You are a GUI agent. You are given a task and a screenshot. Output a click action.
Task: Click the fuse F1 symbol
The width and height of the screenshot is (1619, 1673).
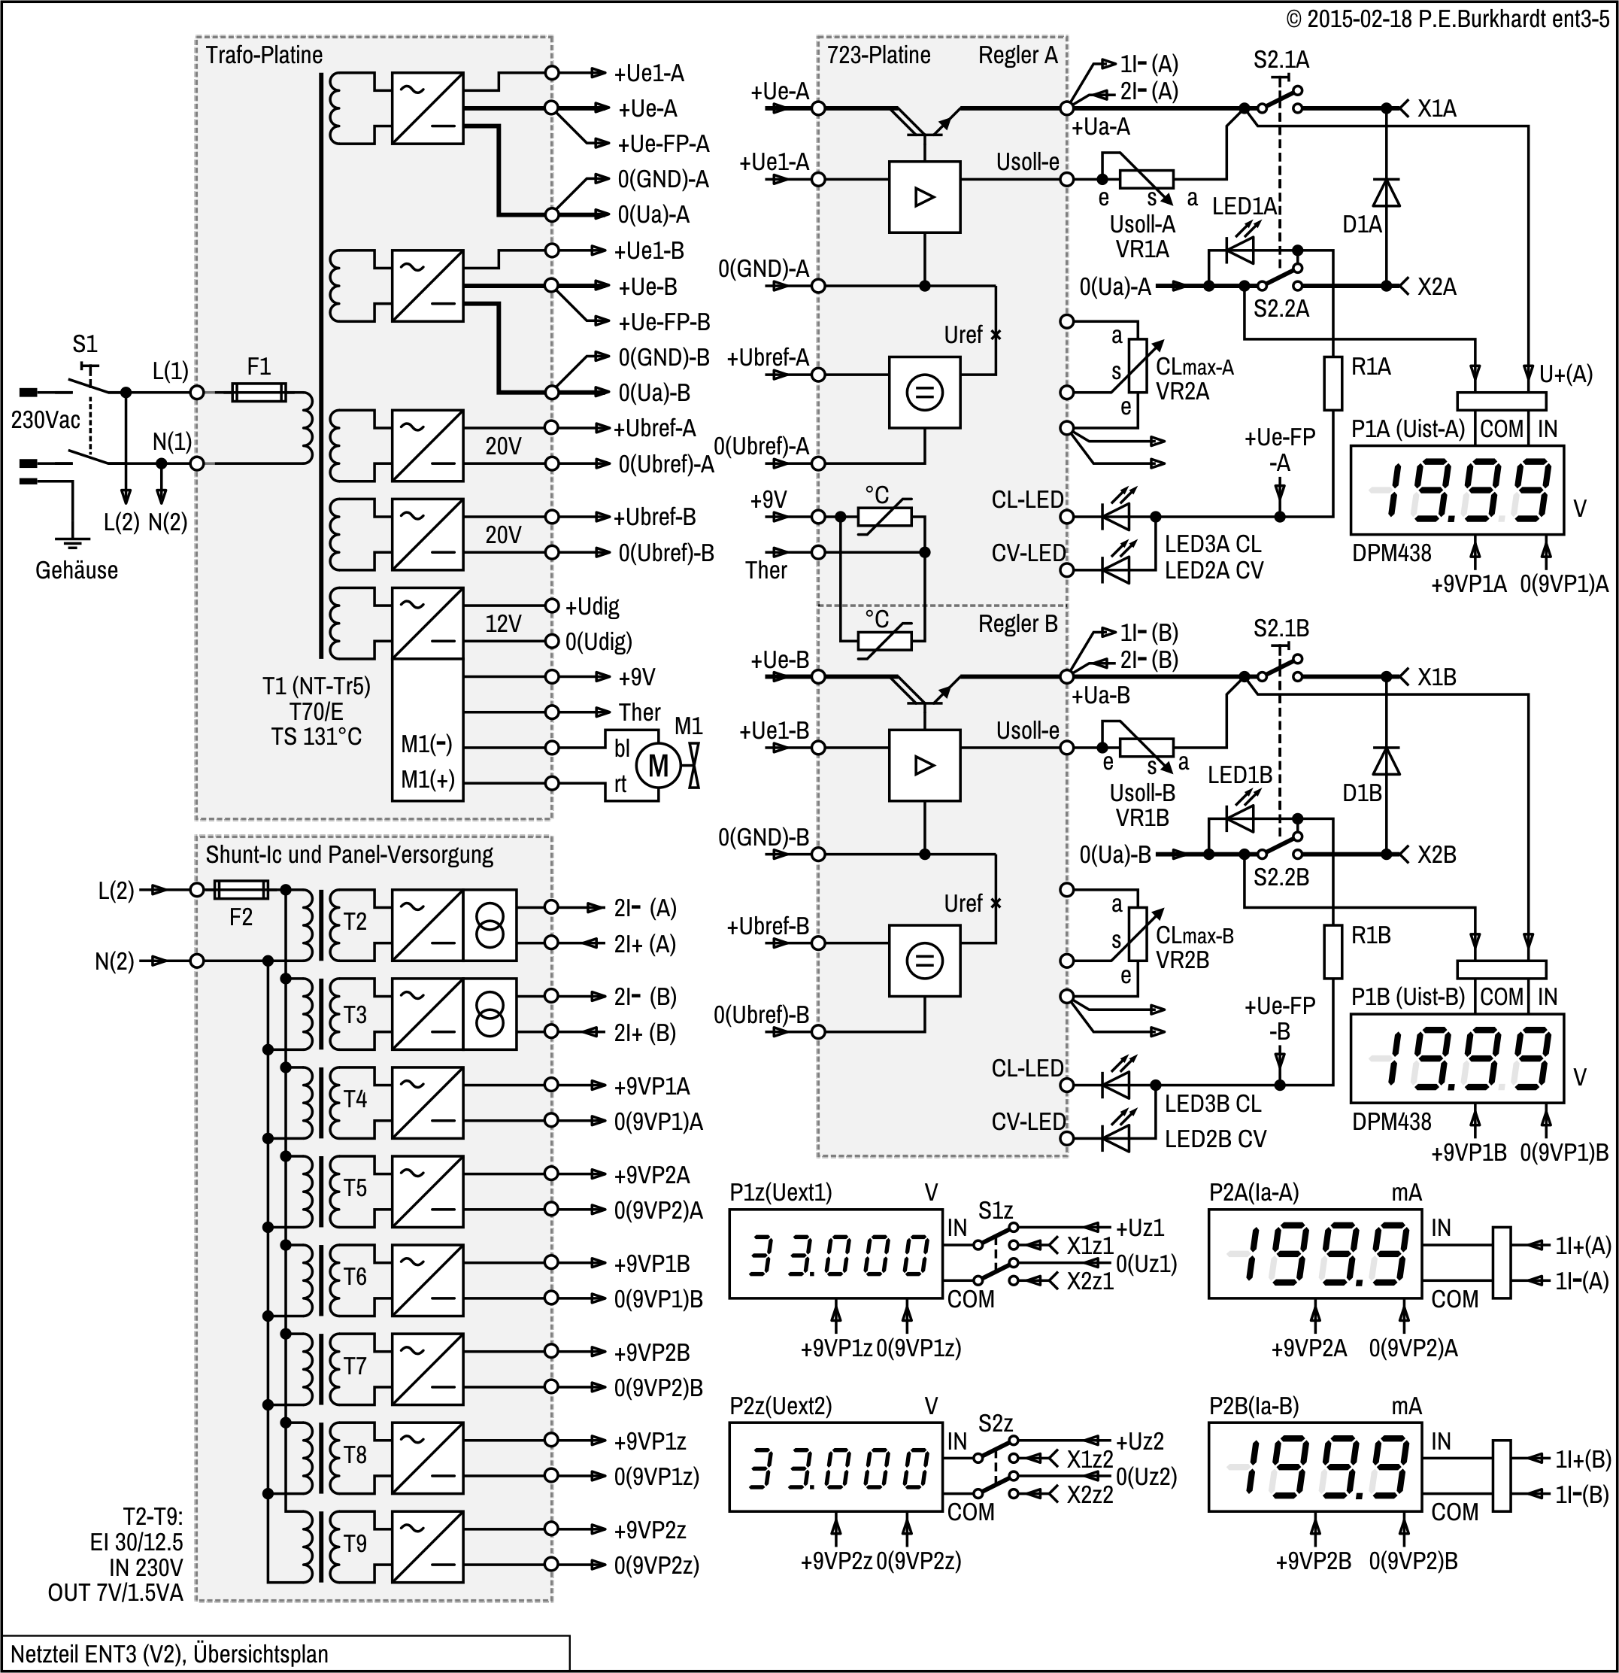click(x=259, y=393)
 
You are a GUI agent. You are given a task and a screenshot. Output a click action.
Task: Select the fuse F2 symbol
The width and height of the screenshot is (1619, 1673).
click(x=240, y=890)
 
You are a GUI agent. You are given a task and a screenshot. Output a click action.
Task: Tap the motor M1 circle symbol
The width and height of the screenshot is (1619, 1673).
click(x=658, y=766)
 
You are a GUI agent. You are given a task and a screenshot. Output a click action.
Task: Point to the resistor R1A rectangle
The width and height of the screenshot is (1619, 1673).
click(x=1332, y=383)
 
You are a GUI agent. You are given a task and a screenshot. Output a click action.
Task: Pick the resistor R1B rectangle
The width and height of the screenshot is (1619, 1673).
click(x=1332, y=952)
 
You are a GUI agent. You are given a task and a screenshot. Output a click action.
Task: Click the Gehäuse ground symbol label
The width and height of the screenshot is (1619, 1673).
click(x=76, y=570)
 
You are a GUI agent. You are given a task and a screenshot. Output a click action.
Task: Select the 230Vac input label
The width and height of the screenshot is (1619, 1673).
click(x=45, y=420)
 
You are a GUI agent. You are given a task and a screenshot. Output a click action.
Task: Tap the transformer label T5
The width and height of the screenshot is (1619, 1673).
click(x=355, y=1188)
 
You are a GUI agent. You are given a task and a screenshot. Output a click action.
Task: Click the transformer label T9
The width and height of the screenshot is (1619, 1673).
click(x=355, y=1544)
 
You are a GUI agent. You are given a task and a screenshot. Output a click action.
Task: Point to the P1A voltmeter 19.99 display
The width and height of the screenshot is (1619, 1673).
click(x=1456, y=490)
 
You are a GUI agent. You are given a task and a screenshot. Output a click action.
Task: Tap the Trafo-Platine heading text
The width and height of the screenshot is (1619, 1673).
click(x=264, y=56)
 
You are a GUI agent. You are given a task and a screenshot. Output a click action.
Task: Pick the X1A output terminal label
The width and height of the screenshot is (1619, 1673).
click(x=1436, y=109)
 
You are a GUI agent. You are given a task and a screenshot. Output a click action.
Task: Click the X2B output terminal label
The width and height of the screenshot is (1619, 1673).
click(x=1436, y=855)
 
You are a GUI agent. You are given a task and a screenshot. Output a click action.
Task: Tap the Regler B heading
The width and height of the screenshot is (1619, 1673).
click(x=1017, y=624)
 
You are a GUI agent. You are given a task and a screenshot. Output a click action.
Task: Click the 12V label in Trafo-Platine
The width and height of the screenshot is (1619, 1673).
click(x=502, y=624)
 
